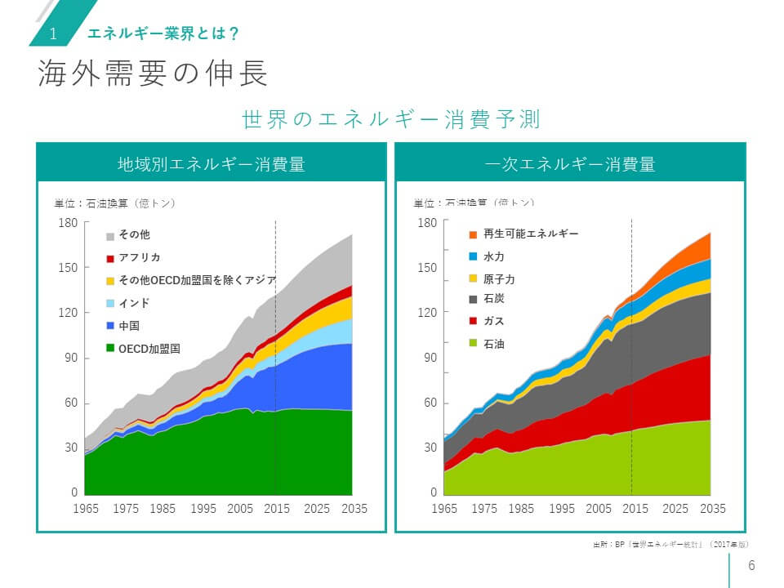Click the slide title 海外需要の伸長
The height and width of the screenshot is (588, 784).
coord(153,74)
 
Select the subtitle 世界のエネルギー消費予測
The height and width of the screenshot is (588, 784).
coord(391,119)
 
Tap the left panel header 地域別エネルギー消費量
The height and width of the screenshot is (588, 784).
coord(211,163)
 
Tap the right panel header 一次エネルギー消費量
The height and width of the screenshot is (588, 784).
coord(570,163)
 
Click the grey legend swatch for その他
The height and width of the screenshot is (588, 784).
coord(110,235)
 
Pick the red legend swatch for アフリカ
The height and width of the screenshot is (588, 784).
coord(110,258)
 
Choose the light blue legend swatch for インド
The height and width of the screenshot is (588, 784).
coord(110,304)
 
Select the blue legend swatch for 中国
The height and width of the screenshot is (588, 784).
coord(110,326)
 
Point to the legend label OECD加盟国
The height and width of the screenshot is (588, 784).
coord(149,349)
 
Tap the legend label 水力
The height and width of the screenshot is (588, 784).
coord(494,256)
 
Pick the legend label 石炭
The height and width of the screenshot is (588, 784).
coord(494,300)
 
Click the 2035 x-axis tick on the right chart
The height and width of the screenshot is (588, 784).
coord(713,508)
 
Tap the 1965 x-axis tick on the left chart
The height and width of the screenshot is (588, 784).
coord(86,508)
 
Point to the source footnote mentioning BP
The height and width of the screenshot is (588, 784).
coord(670,544)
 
